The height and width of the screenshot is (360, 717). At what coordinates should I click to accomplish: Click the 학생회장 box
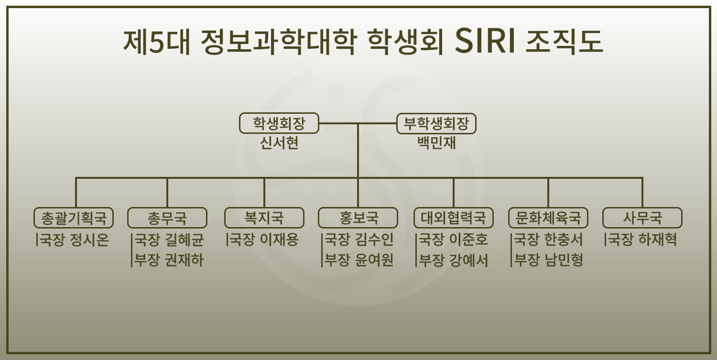coord(279,124)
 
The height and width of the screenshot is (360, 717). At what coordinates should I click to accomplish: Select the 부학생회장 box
coord(436,124)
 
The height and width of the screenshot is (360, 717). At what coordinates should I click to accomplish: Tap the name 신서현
coord(279,143)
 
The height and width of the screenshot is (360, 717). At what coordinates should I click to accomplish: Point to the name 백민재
coord(436,143)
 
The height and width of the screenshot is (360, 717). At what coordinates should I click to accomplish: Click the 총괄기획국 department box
coord(74,218)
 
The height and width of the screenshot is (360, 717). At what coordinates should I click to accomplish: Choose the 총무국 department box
coord(167,218)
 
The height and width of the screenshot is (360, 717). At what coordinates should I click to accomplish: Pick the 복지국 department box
coord(264,218)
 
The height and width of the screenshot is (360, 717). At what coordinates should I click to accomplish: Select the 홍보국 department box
coord(358,218)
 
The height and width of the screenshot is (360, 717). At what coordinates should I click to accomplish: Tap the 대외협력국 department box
coord(453,218)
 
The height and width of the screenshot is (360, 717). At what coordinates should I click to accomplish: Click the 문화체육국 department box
coord(548,218)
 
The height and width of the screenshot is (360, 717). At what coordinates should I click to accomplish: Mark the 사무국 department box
coord(642,218)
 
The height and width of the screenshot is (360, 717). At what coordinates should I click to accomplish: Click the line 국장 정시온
coord(74,240)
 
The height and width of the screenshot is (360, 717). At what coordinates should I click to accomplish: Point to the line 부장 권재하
coord(169,260)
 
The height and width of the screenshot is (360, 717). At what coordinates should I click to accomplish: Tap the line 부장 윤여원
coord(359,260)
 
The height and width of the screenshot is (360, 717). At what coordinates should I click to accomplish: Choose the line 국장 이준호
coord(453,240)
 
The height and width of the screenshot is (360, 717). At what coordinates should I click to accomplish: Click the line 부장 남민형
coord(548,260)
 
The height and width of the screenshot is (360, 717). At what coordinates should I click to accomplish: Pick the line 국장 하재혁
coord(641,240)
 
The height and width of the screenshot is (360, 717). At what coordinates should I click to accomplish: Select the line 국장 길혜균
coord(169,240)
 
